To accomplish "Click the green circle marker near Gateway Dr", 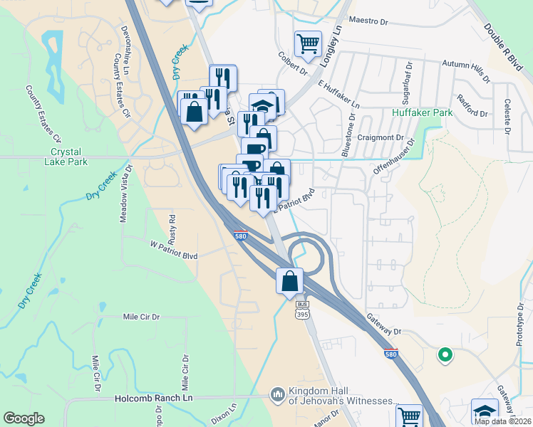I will (x=445, y=353).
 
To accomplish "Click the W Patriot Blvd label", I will (x=173, y=244).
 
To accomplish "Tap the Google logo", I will (x=24, y=418).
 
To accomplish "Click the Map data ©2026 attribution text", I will (x=502, y=421).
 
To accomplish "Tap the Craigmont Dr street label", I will (x=381, y=138).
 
